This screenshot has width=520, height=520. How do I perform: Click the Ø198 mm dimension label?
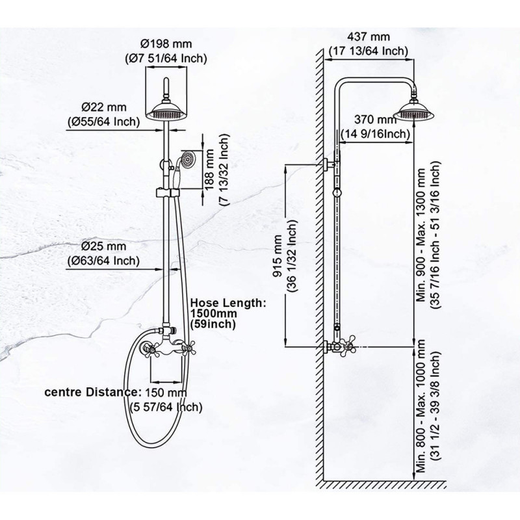point(166,44)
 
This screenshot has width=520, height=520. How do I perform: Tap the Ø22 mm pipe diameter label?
point(104,107)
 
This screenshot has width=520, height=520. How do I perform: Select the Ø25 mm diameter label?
point(104,246)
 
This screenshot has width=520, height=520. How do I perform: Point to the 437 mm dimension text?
point(368,36)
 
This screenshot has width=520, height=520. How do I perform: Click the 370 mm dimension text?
point(376,119)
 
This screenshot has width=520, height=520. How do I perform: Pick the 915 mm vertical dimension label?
point(278,255)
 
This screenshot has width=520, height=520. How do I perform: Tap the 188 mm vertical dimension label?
point(209,170)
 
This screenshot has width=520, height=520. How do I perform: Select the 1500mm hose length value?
point(214,313)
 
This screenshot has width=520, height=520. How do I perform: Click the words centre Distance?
point(90,392)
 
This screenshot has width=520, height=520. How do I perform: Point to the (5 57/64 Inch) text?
point(166,407)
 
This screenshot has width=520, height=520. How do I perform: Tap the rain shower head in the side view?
point(414,110)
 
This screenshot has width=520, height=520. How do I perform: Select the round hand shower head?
point(189,159)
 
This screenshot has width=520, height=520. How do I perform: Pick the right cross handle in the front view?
point(189,348)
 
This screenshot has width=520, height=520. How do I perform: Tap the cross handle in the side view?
point(349,346)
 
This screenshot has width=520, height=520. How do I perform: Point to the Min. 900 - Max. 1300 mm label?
point(421,235)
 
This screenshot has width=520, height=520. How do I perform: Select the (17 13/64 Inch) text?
point(368,51)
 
